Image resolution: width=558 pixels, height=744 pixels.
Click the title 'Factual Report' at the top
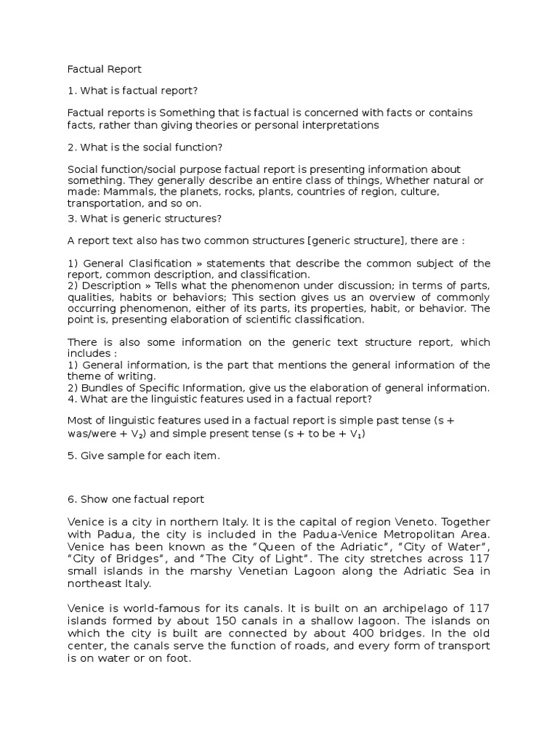[104, 70]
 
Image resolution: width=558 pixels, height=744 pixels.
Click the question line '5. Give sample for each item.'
[143, 456]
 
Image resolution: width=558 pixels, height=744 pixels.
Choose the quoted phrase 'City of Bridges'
[113, 557]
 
